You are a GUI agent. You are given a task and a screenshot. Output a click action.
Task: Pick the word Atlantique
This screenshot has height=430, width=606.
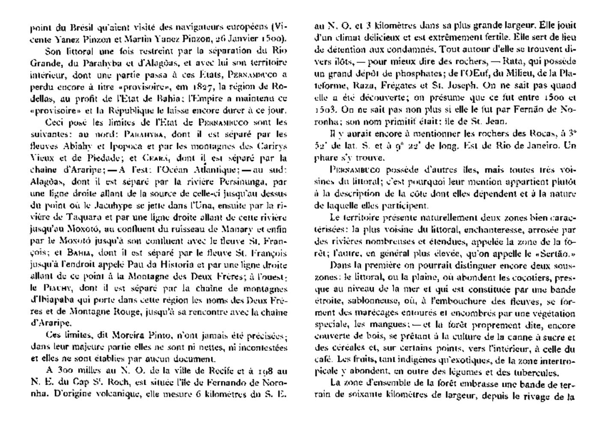pyautogui.click(x=193, y=169)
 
